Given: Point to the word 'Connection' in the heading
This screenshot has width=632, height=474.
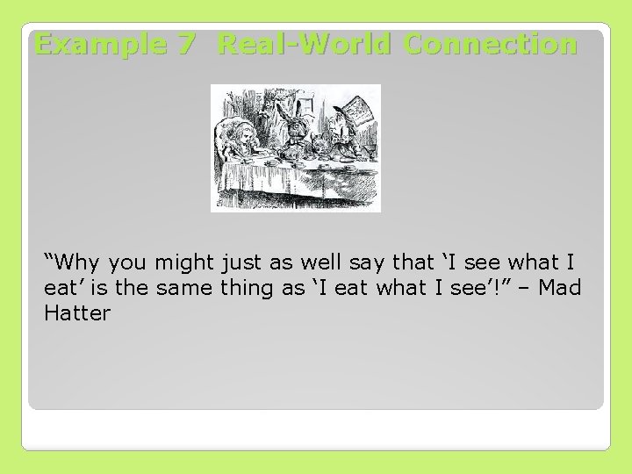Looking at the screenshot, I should point(492,44).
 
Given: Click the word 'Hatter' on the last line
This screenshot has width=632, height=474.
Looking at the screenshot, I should point(77,312).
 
